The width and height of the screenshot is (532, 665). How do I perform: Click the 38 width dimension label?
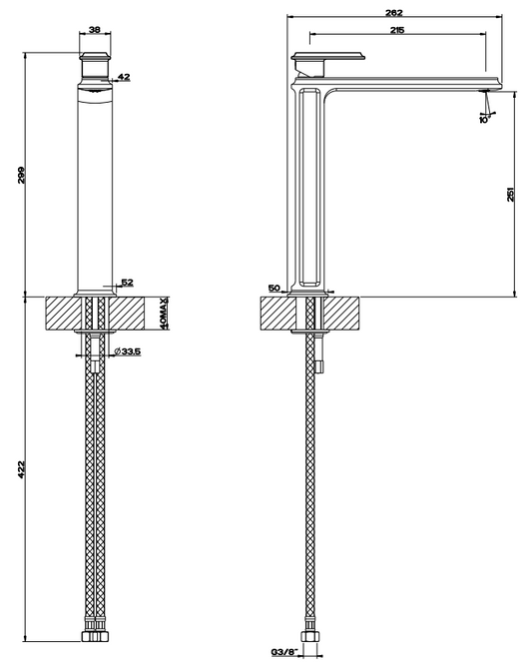pyautogui.click(x=95, y=30)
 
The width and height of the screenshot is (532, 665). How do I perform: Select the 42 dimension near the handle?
pyautogui.click(x=124, y=77)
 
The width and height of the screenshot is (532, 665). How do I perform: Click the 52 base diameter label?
pyautogui.click(x=127, y=282)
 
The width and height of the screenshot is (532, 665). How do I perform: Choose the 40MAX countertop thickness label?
pyautogui.click(x=165, y=313)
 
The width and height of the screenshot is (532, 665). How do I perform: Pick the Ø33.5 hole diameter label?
pyautogui.click(x=128, y=351)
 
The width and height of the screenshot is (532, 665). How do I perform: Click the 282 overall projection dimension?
pyautogui.click(x=394, y=13)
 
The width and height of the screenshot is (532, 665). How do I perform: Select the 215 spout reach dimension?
pyautogui.click(x=397, y=30)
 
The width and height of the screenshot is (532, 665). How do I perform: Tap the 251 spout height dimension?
pyautogui.click(x=510, y=194)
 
